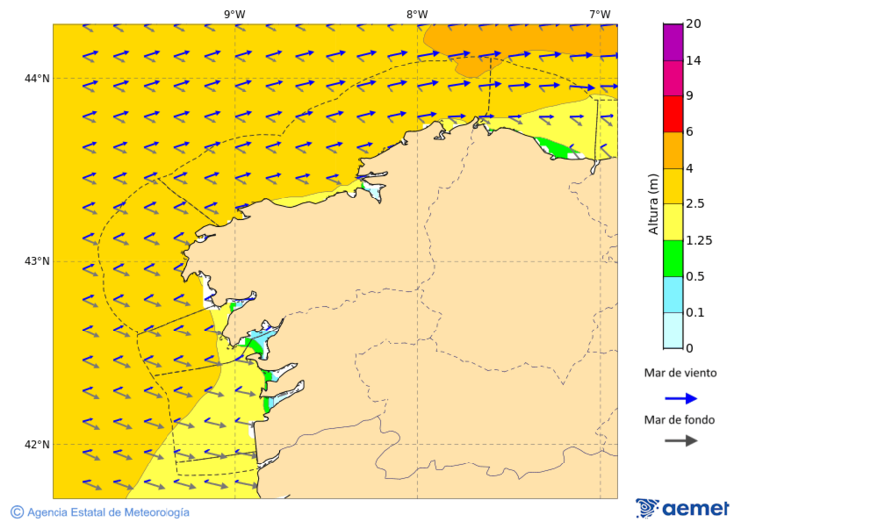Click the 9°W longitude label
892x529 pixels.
(234, 14)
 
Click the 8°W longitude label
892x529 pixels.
(417, 14)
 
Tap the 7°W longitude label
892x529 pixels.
(599, 14)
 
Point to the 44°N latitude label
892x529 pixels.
(37, 78)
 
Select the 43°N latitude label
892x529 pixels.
(37, 261)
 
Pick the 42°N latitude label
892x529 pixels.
(37, 444)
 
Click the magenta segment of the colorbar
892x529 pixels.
(673, 42)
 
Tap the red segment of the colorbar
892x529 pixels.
(673, 113)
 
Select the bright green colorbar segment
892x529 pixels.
(673, 258)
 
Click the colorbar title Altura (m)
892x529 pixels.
(653, 203)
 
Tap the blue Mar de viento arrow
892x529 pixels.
(681, 398)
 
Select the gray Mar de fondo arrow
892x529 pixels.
(681, 440)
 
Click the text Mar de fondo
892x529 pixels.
(679, 419)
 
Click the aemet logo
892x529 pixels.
(683, 508)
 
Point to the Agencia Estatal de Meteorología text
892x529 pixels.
(108, 512)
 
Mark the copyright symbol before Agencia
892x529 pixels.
(17, 512)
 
